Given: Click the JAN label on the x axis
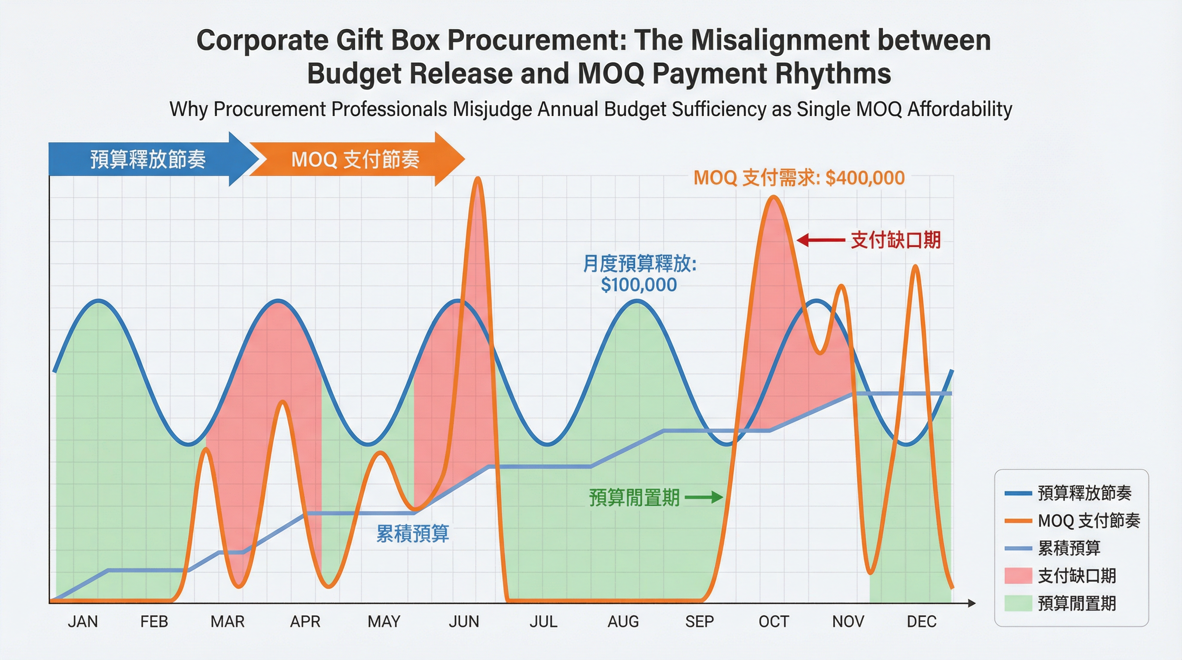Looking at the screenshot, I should [82, 621].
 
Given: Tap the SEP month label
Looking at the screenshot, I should [699, 621].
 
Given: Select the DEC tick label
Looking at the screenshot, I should [921, 621].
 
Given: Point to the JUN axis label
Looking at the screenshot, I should [464, 621].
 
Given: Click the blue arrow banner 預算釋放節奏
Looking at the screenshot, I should [148, 159].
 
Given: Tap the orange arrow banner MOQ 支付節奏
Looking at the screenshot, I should [355, 159].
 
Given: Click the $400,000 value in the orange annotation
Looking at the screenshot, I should [865, 178].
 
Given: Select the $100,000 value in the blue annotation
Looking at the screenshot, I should [639, 285].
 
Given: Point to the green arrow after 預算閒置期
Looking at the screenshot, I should [704, 497].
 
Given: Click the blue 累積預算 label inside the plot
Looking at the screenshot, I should [412, 533].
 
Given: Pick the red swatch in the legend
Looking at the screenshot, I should [1018, 575].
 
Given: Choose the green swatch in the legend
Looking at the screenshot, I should [1018, 603].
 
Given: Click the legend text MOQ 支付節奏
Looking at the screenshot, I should [1089, 520].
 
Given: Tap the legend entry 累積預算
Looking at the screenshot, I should [1069, 548].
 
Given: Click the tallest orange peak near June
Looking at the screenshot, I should [478, 179].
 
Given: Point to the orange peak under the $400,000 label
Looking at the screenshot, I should [774, 197].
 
